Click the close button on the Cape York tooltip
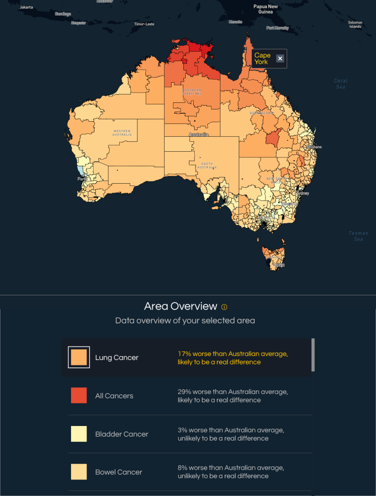[280, 59]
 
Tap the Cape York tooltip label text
[262, 59]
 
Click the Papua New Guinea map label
[266, 9]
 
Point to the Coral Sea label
[340, 84]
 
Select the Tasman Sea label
[358, 236]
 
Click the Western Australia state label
[122, 132]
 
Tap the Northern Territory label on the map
[191, 92]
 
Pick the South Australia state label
[206, 166]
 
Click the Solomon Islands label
[355, 24]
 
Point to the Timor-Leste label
[143, 23]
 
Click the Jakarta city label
[26, 7]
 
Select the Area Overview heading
[180, 307]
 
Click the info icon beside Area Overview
[224, 307]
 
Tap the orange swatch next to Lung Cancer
[79, 357]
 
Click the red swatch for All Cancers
[79, 395]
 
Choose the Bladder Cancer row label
[122, 434]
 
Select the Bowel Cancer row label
[118, 472]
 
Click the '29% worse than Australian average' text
[233, 392]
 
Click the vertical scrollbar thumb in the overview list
[313, 355]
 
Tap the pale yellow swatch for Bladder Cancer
[79, 434]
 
